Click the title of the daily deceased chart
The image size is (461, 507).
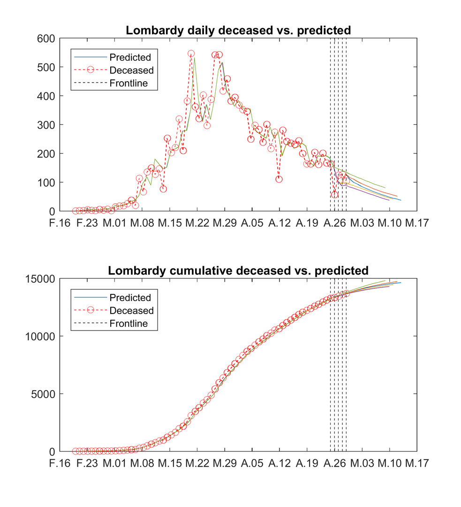pos(238,31)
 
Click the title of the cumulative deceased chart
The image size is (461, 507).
pos(238,271)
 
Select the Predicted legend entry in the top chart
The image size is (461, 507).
pos(130,58)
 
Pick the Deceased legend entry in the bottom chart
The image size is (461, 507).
pos(131,311)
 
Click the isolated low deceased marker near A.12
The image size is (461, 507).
pos(279,179)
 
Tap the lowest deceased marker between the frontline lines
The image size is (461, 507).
pos(334,195)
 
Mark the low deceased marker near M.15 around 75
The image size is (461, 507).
pos(163,189)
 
